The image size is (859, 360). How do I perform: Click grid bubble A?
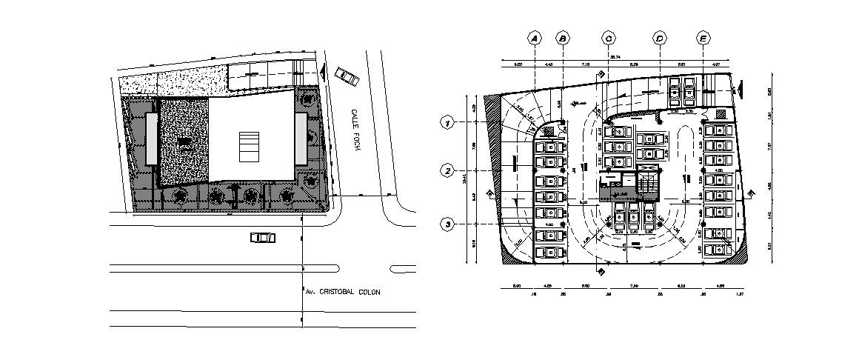(x=534, y=38)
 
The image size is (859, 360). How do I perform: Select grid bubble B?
(x=562, y=38)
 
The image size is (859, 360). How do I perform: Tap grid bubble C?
(x=609, y=38)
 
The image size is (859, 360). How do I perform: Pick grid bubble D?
(x=659, y=38)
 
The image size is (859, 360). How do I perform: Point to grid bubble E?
(x=703, y=38)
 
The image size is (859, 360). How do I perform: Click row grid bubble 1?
(x=447, y=123)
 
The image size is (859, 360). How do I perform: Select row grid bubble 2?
(x=447, y=171)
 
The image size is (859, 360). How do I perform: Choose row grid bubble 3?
(x=447, y=223)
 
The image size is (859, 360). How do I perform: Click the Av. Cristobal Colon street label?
(x=342, y=293)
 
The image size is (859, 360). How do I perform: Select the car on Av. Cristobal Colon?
(x=262, y=238)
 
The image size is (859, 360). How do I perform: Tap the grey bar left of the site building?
(x=151, y=139)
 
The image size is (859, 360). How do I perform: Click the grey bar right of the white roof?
(x=301, y=139)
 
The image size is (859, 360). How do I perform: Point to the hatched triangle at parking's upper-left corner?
(x=492, y=119)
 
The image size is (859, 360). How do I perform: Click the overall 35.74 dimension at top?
(x=614, y=56)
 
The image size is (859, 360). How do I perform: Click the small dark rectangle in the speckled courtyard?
(x=184, y=141)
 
